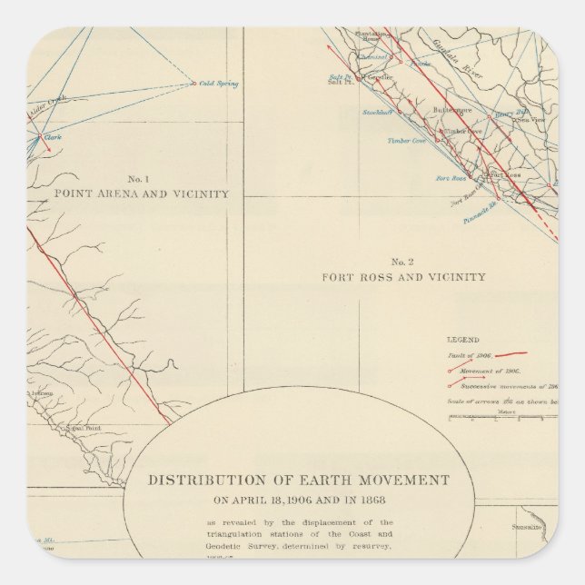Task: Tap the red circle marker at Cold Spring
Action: point(194,84)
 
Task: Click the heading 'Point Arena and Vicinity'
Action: point(141,194)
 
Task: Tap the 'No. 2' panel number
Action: point(403,261)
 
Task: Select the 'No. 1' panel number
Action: point(141,178)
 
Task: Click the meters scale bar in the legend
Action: point(495,417)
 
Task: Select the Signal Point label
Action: point(76,426)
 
